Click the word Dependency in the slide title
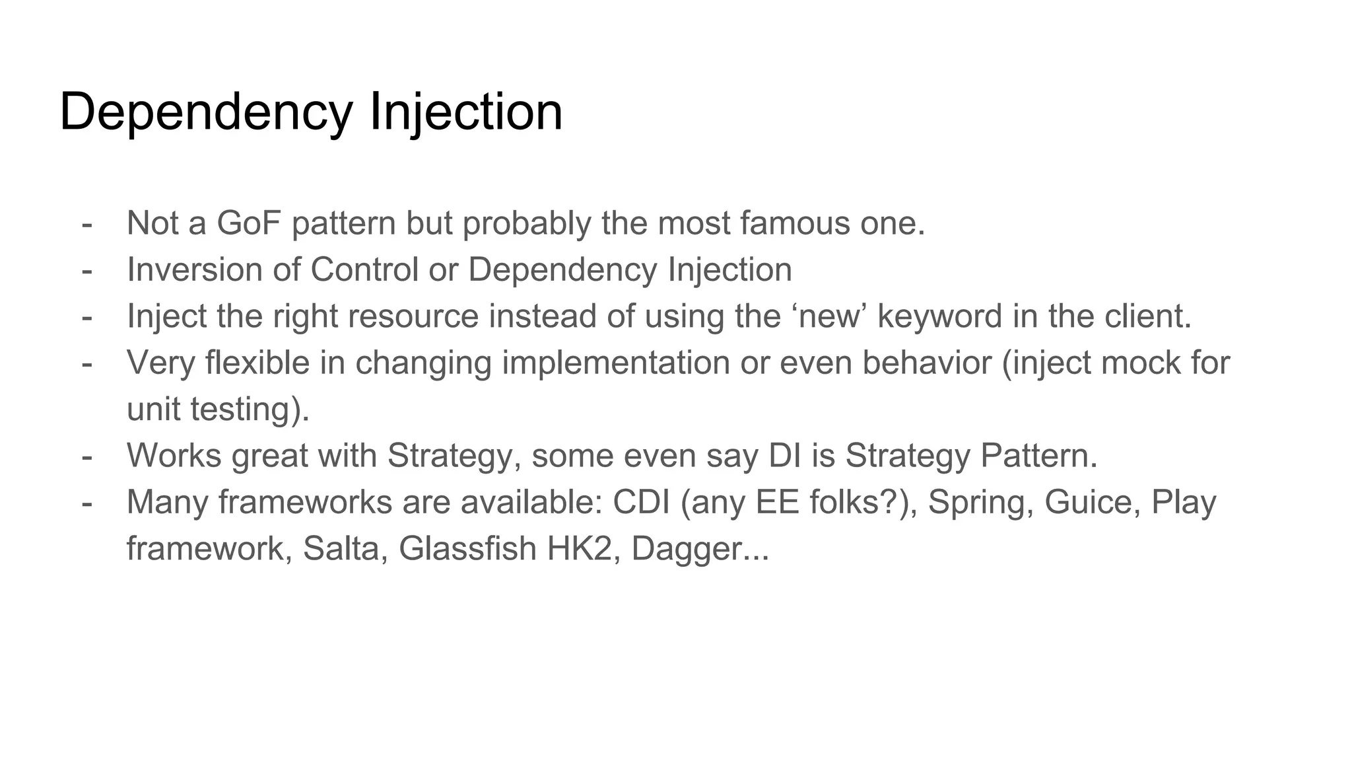point(206,113)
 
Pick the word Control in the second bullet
point(364,270)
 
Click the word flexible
point(257,363)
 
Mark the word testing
point(250,410)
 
